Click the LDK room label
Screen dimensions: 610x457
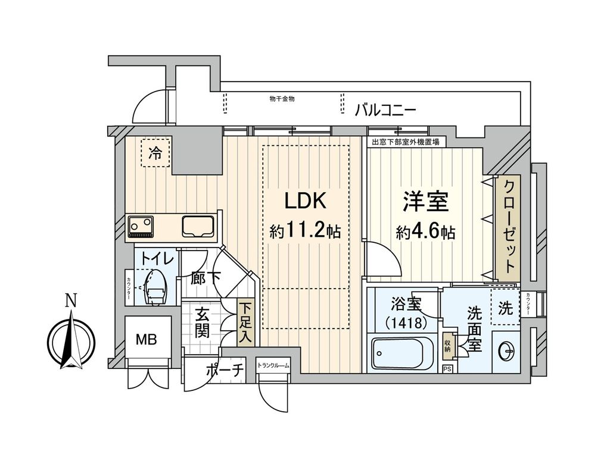304,201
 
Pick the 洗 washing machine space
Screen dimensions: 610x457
505,309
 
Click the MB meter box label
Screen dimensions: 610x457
146,340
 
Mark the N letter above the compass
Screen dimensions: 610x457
70,301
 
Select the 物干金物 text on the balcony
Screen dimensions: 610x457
282,99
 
